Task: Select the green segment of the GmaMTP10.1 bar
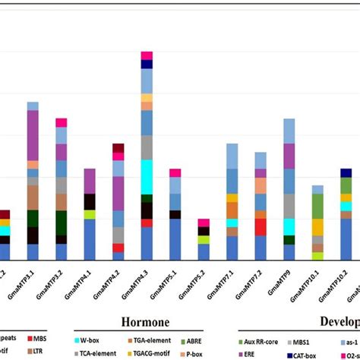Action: (x=317, y=206)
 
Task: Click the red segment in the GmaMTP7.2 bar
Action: (x=261, y=226)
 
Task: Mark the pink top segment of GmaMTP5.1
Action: (x=175, y=173)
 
